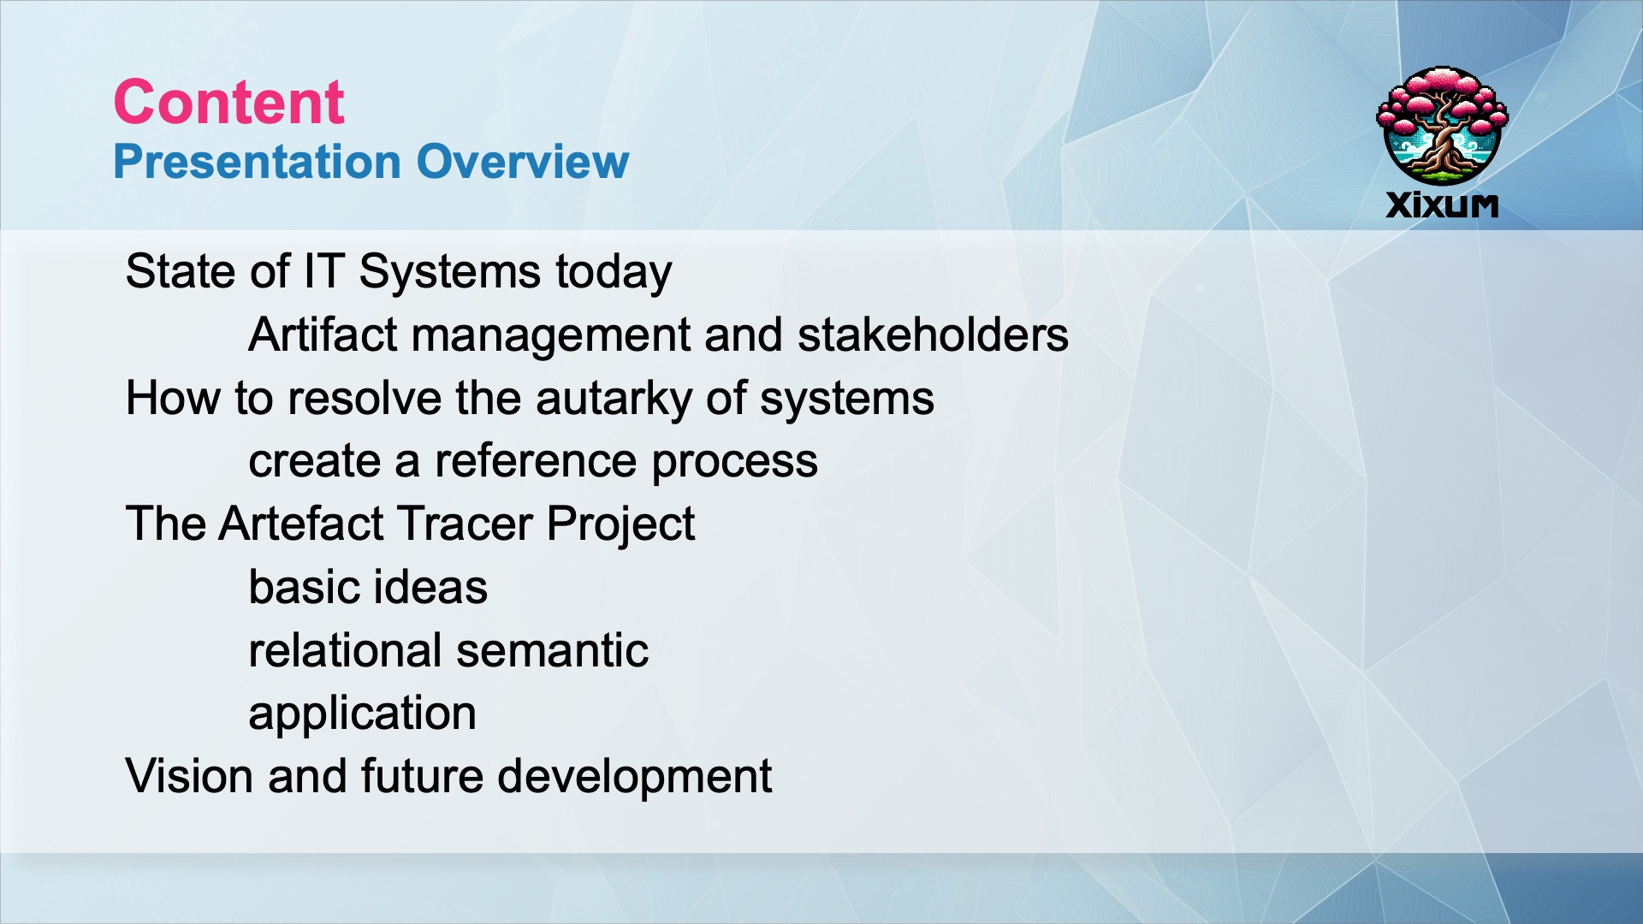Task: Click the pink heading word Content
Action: (228, 102)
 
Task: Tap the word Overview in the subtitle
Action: (523, 162)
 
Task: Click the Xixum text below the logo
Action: (1442, 205)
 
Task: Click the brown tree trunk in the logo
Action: (1443, 141)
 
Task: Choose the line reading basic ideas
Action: (368, 588)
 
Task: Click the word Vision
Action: (189, 777)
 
